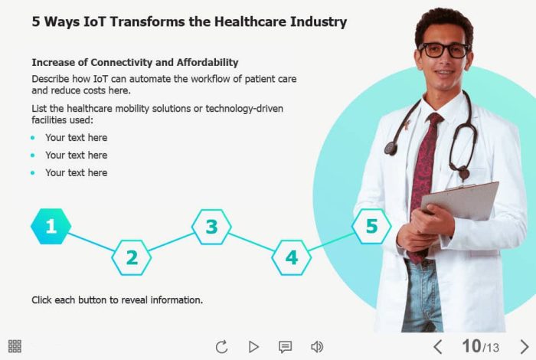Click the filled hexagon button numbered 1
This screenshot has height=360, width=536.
pyautogui.click(x=51, y=226)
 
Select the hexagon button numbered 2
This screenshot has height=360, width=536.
pyautogui.click(x=132, y=257)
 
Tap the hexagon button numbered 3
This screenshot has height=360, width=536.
pyautogui.click(x=211, y=227)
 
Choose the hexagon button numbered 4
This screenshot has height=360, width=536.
pyautogui.click(x=292, y=257)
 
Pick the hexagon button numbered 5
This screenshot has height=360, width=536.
pyautogui.click(x=371, y=226)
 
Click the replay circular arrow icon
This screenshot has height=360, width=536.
pyautogui.click(x=221, y=347)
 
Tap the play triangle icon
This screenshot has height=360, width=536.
pyautogui.click(x=253, y=347)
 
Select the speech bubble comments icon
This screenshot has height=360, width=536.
pyautogui.click(x=285, y=347)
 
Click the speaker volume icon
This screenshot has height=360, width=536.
pyautogui.click(x=317, y=347)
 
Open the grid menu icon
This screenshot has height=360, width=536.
pyautogui.click(x=15, y=346)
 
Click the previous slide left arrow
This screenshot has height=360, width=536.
pyautogui.click(x=438, y=347)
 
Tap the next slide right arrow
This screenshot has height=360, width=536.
pyautogui.click(x=525, y=347)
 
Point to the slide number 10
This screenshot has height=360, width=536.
pyautogui.click(x=472, y=346)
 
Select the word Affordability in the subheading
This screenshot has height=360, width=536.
pyautogui.click(x=208, y=63)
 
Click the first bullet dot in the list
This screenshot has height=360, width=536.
pyautogui.click(x=32, y=138)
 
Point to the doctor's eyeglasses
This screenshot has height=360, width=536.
pyautogui.click(x=445, y=51)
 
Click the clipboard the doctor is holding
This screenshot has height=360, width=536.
pyautogui.click(x=460, y=201)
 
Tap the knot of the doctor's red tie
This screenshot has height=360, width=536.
pyautogui.click(x=435, y=119)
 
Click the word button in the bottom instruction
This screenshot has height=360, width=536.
pyautogui.click(x=93, y=300)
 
